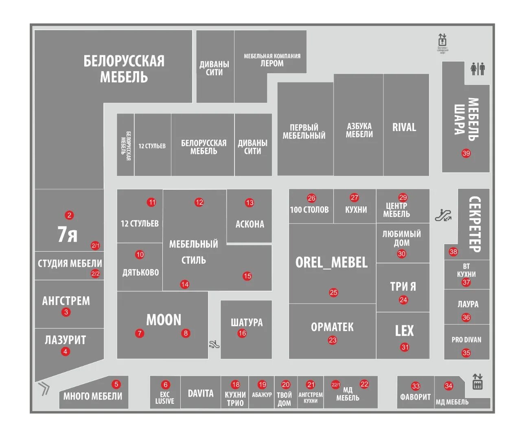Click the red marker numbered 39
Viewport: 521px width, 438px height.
click(466, 153)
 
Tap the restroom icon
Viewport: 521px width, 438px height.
click(477, 69)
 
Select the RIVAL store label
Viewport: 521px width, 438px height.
click(404, 127)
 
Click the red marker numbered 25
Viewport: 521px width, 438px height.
click(333, 292)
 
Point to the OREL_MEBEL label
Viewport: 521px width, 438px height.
click(331, 263)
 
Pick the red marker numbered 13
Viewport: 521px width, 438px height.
click(250, 202)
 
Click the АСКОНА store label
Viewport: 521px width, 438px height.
click(250, 224)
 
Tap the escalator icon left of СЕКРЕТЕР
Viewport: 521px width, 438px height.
click(443, 215)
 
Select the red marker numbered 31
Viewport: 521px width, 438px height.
click(405, 347)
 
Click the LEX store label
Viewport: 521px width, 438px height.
click(404, 331)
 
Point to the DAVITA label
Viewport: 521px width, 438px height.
click(200, 394)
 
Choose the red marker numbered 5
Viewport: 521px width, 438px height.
click(116, 384)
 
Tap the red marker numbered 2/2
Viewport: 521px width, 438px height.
click(95, 274)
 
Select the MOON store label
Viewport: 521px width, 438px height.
click(164, 320)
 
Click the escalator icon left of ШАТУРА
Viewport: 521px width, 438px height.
click(214, 344)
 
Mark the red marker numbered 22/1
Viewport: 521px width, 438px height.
click(335, 384)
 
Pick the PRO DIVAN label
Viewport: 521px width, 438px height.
click(466, 340)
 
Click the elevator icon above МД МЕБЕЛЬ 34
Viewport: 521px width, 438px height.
click(477, 382)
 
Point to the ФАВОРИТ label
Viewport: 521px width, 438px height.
click(415, 396)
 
